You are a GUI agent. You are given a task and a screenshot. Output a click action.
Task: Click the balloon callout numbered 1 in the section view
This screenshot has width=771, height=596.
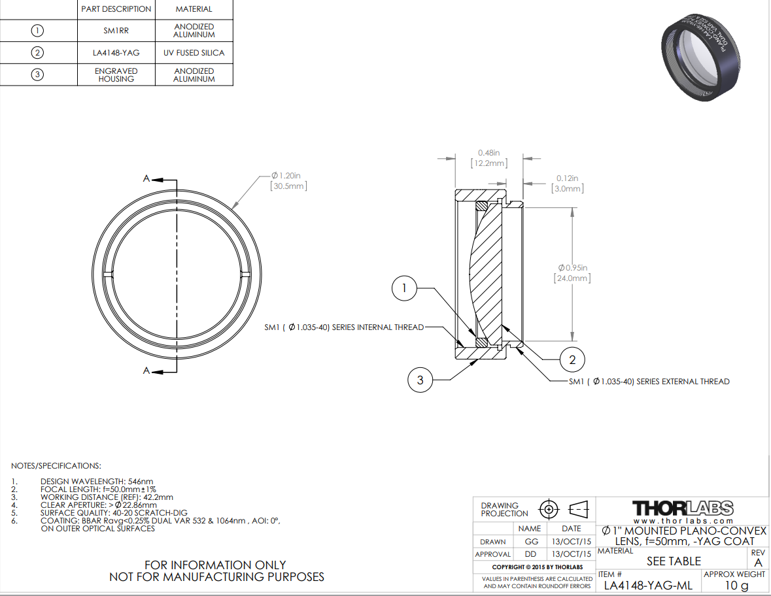pyautogui.click(x=404, y=289)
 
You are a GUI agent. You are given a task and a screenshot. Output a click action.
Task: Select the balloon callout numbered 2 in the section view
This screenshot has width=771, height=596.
pyautogui.click(x=572, y=359)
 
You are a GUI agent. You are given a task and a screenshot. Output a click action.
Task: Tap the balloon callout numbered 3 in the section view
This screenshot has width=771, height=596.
pyautogui.click(x=420, y=380)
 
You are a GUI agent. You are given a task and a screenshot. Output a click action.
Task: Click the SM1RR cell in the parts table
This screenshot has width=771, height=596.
pyautogui.click(x=116, y=31)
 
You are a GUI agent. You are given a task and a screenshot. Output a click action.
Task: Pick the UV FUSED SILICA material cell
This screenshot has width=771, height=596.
pyautogui.click(x=194, y=53)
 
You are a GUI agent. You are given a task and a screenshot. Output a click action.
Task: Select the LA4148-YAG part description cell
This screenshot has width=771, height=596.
pyautogui.click(x=116, y=53)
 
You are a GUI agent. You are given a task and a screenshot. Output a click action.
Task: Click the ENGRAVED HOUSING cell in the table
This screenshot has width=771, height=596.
pyautogui.click(x=116, y=74)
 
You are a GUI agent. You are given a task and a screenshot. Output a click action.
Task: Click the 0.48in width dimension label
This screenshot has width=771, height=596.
pyautogui.click(x=488, y=157)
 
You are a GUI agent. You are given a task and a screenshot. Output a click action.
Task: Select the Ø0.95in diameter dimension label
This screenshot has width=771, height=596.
pyautogui.click(x=574, y=273)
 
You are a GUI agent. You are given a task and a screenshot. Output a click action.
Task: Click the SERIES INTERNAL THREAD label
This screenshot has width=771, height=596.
pyautogui.click(x=344, y=327)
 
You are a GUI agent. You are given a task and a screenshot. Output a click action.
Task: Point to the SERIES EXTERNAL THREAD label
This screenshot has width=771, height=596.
pyautogui.click(x=649, y=381)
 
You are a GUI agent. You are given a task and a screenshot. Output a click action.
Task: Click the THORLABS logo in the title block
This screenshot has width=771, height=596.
pyautogui.click(x=682, y=508)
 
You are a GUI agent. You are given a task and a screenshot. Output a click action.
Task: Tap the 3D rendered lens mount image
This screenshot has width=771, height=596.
pyautogui.click(x=700, y=56)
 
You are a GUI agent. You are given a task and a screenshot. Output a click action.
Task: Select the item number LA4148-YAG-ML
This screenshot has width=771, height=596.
pyautogui.click(x=647, y=586)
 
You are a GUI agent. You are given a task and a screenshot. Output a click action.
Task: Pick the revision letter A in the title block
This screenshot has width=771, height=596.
pyautogui.click(x=758, y=562)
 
